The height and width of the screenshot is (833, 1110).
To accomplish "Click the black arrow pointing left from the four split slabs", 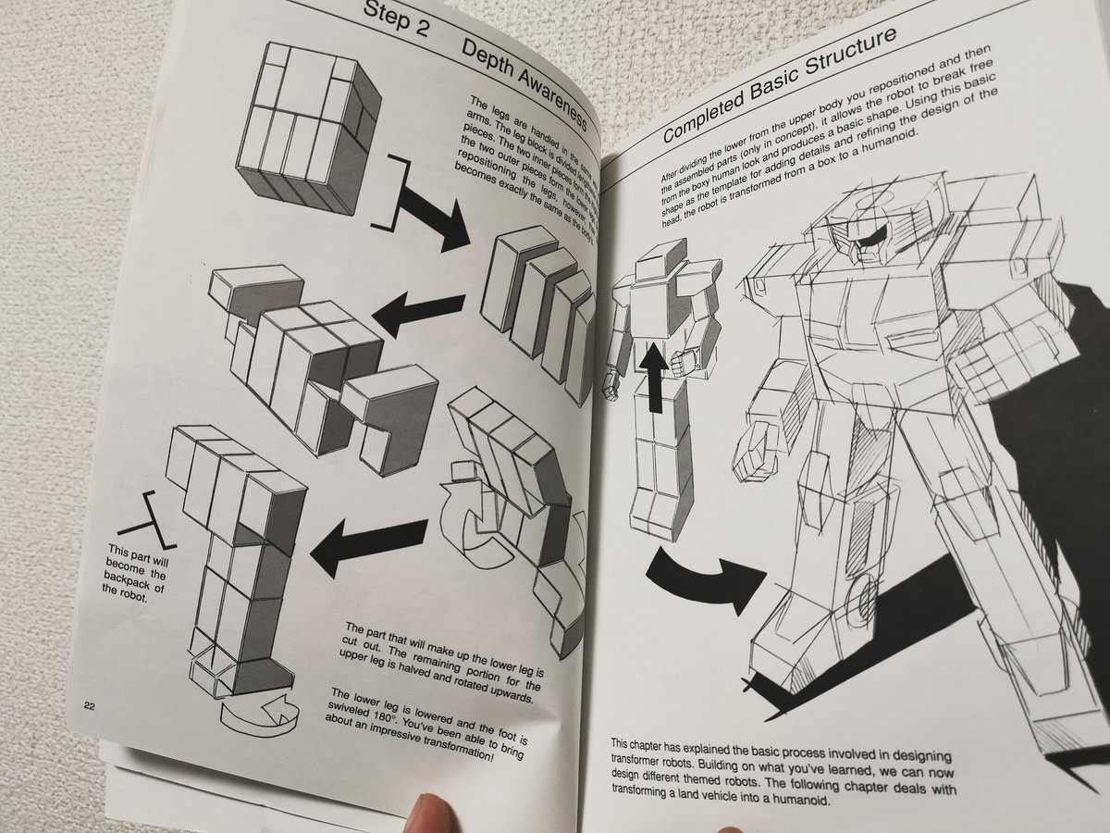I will [x=421, y=313].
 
